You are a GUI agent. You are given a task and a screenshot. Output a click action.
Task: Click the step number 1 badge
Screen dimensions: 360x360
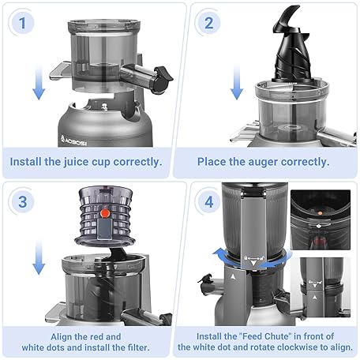pos(22,23)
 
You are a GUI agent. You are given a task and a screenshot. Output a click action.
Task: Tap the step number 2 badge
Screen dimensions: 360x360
pos(208,23)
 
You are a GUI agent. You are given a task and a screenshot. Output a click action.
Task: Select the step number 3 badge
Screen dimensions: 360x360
pos(23,202)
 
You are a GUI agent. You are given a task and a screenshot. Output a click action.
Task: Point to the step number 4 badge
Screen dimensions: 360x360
pos(208,202)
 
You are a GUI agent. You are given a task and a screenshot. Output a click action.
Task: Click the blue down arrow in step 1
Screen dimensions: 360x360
pos(39,81)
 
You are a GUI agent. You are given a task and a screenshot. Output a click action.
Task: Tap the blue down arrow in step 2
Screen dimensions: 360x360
pos(237,81)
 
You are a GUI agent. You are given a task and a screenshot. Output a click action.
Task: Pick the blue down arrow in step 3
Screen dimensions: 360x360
pos(39,257)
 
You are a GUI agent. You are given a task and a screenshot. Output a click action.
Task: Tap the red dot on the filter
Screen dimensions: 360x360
pos(105,213)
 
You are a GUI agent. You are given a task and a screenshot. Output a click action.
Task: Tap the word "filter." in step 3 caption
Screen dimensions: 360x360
pos(138,347)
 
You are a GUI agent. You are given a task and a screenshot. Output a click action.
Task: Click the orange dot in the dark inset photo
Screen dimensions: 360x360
pos(320,213)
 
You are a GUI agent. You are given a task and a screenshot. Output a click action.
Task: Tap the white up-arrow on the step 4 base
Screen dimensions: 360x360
pos(233,276)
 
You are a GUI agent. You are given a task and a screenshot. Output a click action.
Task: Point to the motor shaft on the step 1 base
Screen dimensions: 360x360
pos(104,107)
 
